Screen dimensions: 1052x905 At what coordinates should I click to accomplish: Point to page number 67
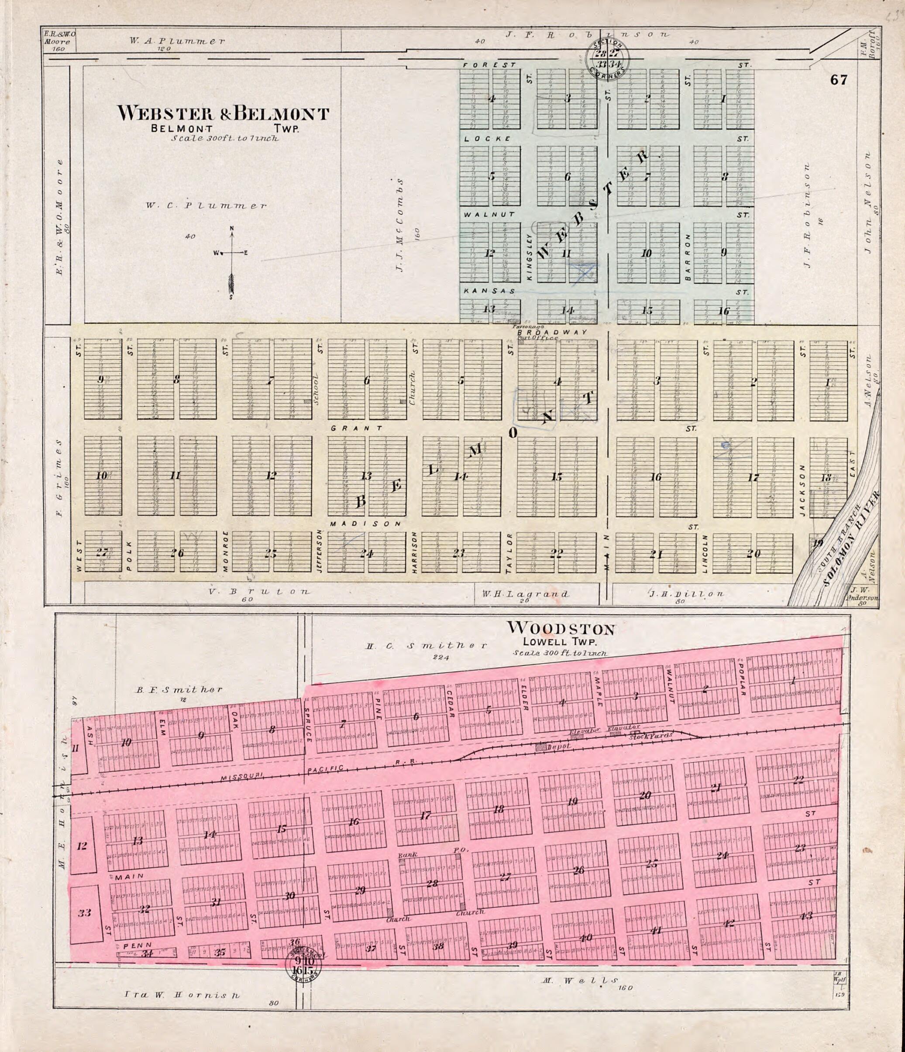tap(839, 80)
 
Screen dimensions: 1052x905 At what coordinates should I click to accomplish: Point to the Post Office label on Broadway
tap(537, 338)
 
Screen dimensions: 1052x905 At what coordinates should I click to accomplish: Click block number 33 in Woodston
tap(84, 913)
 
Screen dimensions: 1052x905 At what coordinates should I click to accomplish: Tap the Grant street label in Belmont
tap(357, 428)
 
